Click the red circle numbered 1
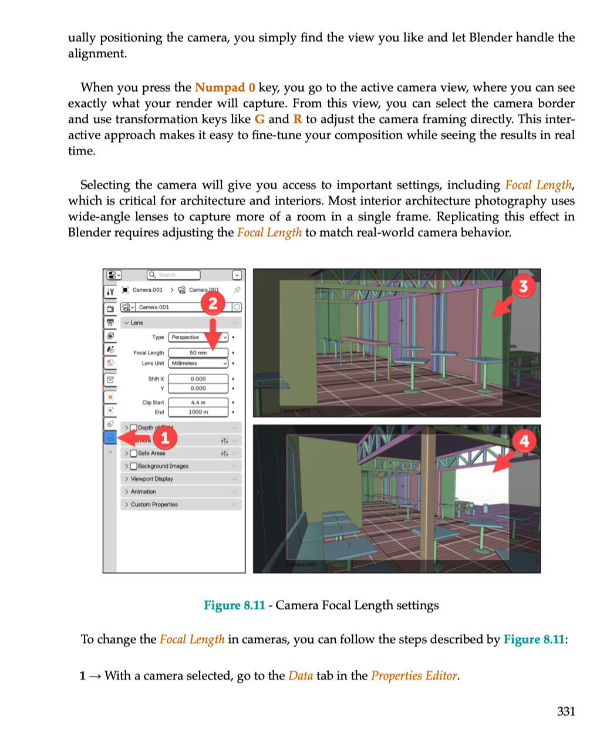(165, 437)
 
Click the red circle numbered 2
(213, 303)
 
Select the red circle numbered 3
(523, 287)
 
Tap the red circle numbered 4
(524, 440)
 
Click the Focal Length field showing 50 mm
(198, 353)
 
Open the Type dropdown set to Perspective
(198, 338)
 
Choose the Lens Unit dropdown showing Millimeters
(198, 363)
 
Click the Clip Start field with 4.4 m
(198, 403)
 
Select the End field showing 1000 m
(198, 412)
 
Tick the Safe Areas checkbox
(133, 453)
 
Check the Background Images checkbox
(133, 466)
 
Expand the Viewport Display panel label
(151, 479)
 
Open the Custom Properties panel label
(154, 504)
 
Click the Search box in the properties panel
(174, 275)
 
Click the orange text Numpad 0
(225, 87)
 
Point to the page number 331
(566, 712)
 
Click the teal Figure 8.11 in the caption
(234, 605)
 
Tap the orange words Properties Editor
(414, 676)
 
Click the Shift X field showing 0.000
(198, 379)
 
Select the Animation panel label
(143, 492)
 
